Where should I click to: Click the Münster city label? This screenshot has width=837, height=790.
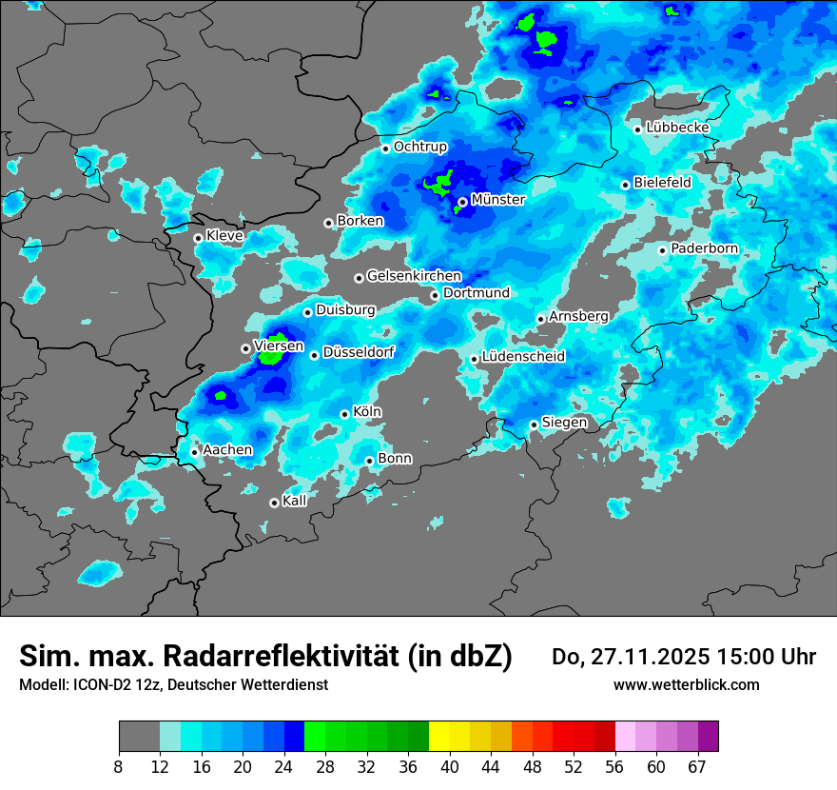[x=497, y=200]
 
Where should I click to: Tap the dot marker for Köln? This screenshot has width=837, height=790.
[x=344, y=414]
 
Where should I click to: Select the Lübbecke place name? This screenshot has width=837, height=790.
[x=677, y=128]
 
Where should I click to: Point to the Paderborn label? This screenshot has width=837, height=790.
[x=704, y=248]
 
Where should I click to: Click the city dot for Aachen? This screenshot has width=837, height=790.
[x=194, y=452]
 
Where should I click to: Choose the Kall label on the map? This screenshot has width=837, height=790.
[x=294, y=501]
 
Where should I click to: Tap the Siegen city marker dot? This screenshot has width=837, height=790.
[x=534, y=425]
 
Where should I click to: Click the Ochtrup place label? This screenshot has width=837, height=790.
[x=419, y=147]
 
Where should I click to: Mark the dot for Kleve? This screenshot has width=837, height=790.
[x=198, y=238]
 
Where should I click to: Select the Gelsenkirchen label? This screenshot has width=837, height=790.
[x=414, y=276]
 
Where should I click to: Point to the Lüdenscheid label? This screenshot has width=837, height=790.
[x=523, y=357]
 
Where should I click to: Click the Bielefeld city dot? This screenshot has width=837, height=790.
[x=625, y=185]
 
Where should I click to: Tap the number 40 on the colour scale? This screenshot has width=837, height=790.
[x=450, y=766]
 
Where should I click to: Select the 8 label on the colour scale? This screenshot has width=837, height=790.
[x=119, y=766]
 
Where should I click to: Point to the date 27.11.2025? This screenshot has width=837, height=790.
[x=650, y=657]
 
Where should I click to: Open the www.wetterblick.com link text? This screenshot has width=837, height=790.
[x=686, y=684]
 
